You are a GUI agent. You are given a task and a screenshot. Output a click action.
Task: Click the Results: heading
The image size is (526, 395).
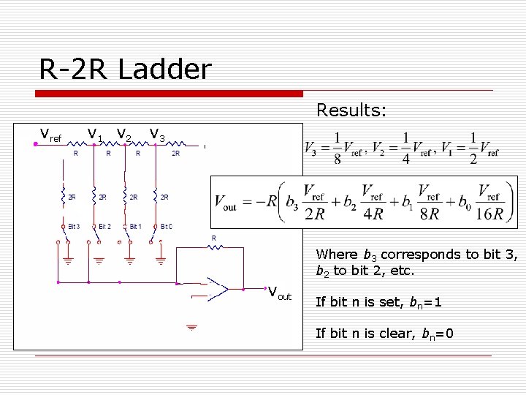point(351,110)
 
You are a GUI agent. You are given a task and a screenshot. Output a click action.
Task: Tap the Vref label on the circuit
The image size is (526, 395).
point(50,135)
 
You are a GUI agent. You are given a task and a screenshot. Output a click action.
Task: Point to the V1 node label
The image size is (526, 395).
point(94,135)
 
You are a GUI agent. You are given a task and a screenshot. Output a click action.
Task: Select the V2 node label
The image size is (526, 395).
point(124,135)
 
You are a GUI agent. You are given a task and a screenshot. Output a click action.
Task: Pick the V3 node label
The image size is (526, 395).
point(157,135)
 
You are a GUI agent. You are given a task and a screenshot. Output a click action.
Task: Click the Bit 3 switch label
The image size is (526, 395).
point(74,227)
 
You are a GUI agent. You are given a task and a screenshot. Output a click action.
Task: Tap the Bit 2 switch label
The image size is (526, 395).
point(104,227)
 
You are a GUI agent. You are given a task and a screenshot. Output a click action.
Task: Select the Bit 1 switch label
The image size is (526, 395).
point(135,227)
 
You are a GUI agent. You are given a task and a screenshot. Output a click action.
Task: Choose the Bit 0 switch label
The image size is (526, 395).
point(166,227)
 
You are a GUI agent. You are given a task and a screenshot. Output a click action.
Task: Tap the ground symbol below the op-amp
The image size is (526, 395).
point(191,327)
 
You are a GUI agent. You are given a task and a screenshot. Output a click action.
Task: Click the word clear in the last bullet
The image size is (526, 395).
point(384,334)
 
